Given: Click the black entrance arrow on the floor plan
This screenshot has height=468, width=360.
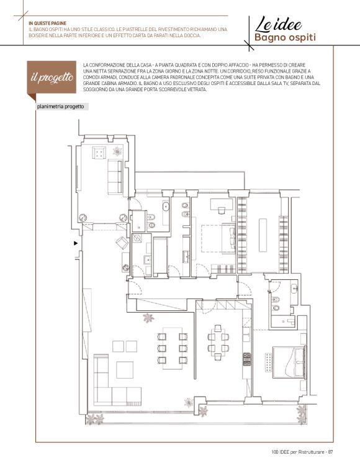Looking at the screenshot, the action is click(x=76, y=243).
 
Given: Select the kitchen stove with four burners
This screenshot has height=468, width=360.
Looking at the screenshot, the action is click(x=247, y=359).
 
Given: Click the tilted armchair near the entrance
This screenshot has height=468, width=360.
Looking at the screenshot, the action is click(x=122, y=243).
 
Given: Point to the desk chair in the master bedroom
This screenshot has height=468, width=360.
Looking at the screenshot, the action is click(x=221, y=210).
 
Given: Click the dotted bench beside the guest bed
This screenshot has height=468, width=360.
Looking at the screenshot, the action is click(x=268, y=362).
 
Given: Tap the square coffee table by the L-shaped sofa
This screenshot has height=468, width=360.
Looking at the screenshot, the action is click(x=125, y=370).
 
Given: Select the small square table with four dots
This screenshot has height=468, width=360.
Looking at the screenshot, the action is click(x=99, y=153).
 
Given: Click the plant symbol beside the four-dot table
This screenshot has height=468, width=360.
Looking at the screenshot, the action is click(x=117, y=151).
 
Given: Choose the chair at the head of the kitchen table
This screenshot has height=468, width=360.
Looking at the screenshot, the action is click(x=218, y=328).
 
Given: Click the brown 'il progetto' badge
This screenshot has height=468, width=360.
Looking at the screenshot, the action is click(x=52, y=78).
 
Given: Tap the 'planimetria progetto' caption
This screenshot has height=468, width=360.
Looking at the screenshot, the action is click(x=60, y=107).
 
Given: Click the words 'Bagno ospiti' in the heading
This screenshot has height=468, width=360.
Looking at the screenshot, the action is click(x=285, y=38).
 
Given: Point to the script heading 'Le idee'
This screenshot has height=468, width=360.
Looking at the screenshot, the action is click(x=279, y=24).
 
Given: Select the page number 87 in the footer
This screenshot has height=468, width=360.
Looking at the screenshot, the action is click(x=330, y=452).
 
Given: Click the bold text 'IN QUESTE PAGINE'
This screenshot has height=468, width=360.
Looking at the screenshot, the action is click(x=47, y=24).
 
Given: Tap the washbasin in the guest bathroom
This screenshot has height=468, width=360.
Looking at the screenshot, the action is click(x=294, y=289).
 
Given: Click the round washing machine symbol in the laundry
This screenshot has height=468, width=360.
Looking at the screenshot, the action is click(x=137, y=238).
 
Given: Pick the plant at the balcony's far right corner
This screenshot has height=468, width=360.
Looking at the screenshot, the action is click(x=302, y=415).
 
